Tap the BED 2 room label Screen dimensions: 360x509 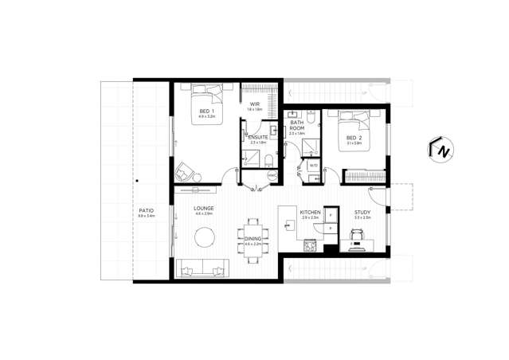pyautogui.click(x=354, y=139)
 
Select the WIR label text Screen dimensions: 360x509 pyautogui.click(x=255, y=104)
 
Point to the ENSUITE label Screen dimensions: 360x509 pyautogui.click(x=257, y=138)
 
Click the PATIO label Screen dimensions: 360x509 pyautogui.click(x=145, y=212)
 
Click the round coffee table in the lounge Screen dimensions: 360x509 pyautogui.click(x=206, y=237)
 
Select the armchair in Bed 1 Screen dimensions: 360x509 pyautogui.click(x=186, y=170)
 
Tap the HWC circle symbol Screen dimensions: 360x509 pyautogui.click(x=271, y=174)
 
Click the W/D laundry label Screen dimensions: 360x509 pyautogui.click(x=313, y=166)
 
